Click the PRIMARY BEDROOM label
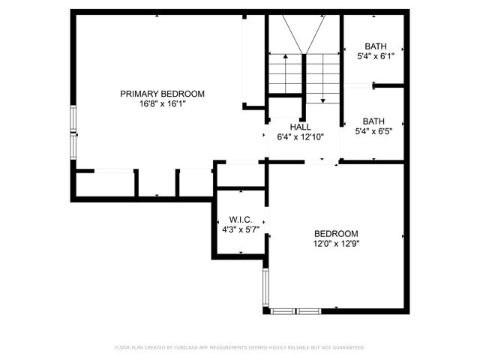(x=162, y=94)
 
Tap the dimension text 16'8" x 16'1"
(x=162, y=104)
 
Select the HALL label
(x=300, y=127)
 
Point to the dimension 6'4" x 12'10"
(x=300, y=137)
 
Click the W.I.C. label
(x=240, y=220)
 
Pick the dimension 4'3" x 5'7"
(x=240, y=230)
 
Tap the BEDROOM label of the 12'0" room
(x=335, y=233)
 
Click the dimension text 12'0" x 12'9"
(x=335, y=244)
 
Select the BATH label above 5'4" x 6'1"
(x=374, y=45)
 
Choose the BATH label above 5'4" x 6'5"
(x=374, y=121)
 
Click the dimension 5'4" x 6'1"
(x=374, y=55)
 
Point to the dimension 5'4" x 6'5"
(x=374, y=131)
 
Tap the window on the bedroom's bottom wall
(x=296, y=310)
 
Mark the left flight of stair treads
(x=284, y=73)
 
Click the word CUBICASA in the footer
(x=189, y=347)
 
